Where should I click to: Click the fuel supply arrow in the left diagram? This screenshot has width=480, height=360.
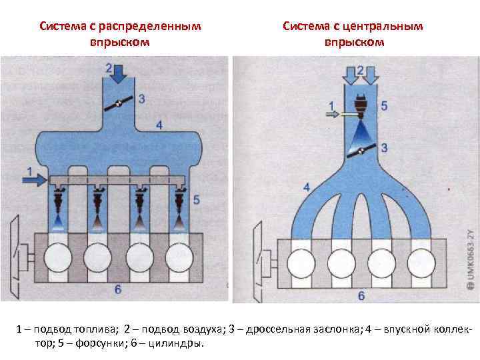[37, 179]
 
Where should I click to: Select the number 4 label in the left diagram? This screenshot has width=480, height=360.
[159, 124]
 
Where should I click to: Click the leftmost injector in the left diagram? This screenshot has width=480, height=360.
[58, 199]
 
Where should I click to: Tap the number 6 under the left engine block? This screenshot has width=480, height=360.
[117, 289]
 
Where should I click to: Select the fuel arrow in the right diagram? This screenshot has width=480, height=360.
[338, 115]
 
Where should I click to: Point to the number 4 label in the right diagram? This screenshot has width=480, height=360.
[306, 187]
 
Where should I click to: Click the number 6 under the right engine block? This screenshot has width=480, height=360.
[361, 295]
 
